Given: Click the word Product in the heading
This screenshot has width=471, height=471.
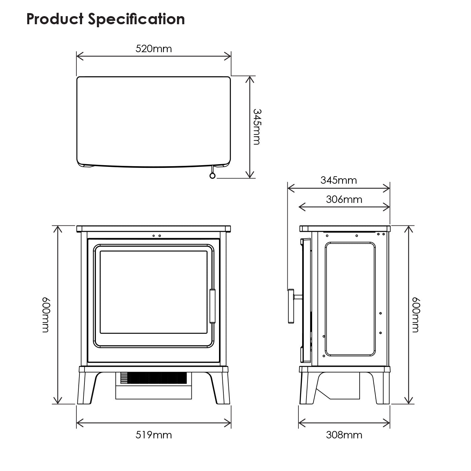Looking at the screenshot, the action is click(x=55, y=19).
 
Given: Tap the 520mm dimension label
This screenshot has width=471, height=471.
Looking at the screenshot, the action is click(x=153, y=49).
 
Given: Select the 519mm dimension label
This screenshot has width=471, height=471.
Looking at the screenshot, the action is click(x=153, y=435).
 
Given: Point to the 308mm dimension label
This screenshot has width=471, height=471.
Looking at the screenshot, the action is click(x=344, y=435).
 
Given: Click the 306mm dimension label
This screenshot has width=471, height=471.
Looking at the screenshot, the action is click(x=344, y=200).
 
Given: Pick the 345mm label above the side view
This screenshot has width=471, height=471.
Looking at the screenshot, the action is click(x=338, y=180).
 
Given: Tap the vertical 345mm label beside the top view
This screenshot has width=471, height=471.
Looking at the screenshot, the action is click(x=257, y=126).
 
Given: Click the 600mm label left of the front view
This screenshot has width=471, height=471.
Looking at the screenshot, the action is click(x=46, y=315).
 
